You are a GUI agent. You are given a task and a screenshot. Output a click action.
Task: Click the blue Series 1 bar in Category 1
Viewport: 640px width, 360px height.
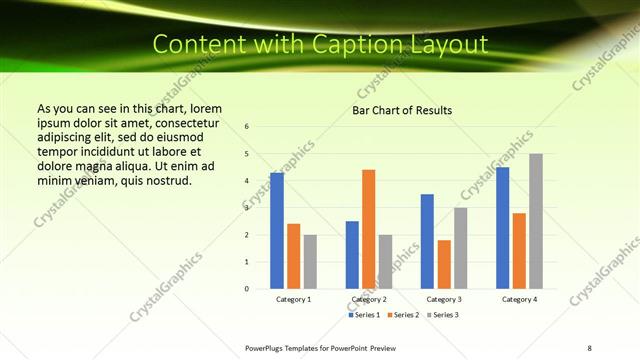coord(277,231)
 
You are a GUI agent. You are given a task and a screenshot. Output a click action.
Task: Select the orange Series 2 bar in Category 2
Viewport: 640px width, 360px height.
coord(369,229)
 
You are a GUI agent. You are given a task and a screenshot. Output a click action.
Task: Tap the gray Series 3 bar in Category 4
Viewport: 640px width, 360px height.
coord(536,221)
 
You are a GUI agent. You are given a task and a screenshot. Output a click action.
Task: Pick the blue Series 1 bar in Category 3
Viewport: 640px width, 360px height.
coord(427,241)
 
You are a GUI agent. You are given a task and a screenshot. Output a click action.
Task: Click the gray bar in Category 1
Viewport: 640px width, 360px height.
coord(311,262)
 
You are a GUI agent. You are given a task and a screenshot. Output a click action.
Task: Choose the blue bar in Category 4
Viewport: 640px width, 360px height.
coord(503,228)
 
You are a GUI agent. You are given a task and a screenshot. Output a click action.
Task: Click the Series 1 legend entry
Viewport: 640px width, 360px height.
coord(365,315)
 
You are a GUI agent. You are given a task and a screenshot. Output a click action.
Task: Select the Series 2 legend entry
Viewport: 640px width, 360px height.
coord(404,315)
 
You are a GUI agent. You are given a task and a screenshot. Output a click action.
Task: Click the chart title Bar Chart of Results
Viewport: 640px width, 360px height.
coord(402,110)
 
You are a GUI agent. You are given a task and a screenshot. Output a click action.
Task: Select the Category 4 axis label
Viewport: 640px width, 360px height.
coord(519,299)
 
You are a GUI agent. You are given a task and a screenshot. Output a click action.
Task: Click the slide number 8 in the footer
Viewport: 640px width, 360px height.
coord(589,347)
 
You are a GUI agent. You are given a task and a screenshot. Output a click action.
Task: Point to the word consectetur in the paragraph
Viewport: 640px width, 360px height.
coord(187,123)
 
